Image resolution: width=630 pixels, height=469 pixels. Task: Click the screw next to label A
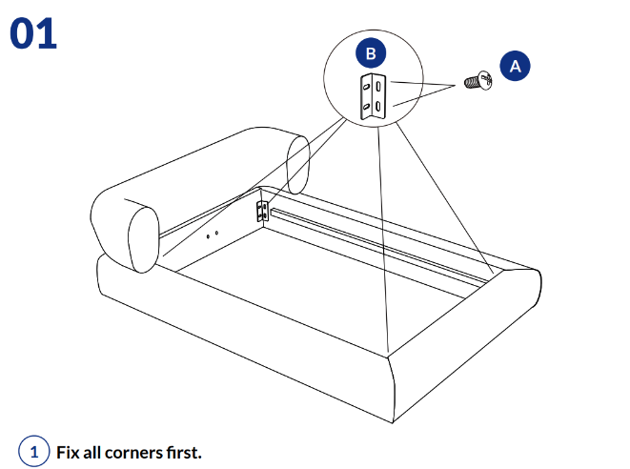(477, 83)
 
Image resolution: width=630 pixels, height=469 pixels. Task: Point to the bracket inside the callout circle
(373, 96)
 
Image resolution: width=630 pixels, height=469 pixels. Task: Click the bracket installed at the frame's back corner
(262, 211)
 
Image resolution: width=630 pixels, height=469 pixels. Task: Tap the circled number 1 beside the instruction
(35, 451)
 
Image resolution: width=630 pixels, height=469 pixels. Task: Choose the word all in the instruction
(95, 451)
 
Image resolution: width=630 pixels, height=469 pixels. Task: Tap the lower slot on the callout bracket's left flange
(365, 106)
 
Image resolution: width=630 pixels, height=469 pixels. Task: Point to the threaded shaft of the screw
(471, 83)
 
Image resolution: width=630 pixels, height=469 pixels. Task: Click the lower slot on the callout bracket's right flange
(379, 106)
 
